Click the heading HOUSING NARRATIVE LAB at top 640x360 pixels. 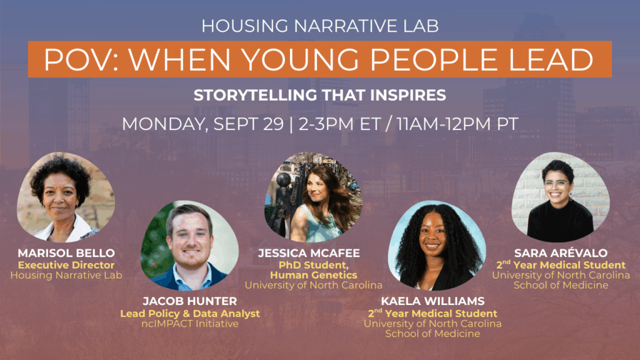tap(320, 26)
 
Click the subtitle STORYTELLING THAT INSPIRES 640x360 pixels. tap(320, 95)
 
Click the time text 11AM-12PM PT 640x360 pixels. tap(457, 124)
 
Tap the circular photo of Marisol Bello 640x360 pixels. tap(65, 197)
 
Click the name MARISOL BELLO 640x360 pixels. tap(66, 253)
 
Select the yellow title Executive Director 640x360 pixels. tap(66, 265)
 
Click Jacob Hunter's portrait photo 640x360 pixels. tap(189, 245)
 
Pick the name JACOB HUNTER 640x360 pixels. tap(190, 301)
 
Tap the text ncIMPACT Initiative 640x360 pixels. tap(190, 324)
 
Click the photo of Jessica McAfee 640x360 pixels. tap(314, 197)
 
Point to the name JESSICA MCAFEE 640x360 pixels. tap(309, 253)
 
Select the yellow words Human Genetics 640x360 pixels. tap(314, 275)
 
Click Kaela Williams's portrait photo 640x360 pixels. tap(437, 245)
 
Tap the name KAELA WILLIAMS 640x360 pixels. tap(432, 301)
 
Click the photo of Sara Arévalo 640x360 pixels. tap(561, 197)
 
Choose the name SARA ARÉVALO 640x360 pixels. tap(561, 253)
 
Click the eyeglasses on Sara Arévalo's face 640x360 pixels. tap(557, 184)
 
